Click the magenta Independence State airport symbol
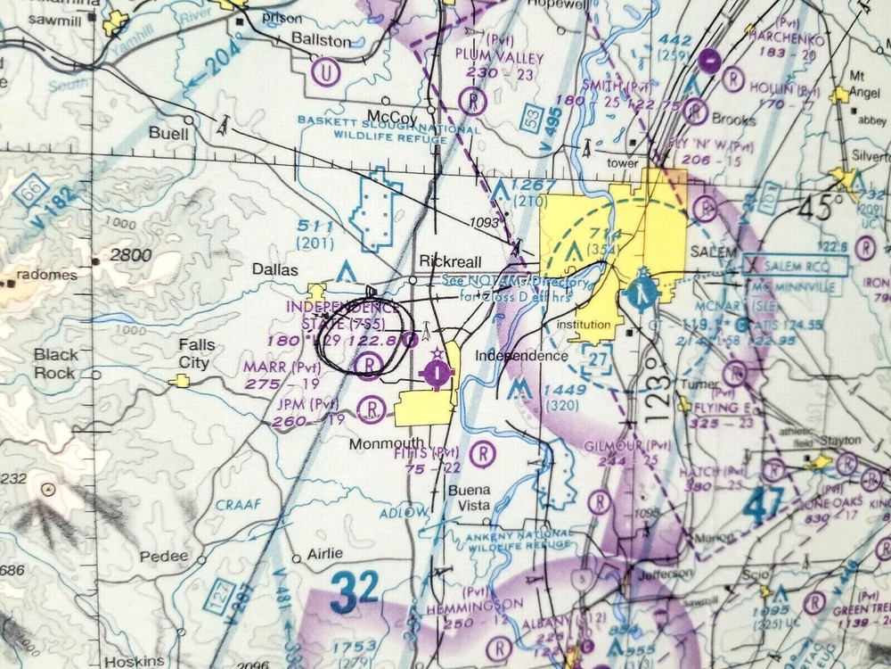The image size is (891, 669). click(x=436, y=375)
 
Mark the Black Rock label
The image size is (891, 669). click(x=56, y=362)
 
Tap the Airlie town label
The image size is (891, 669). click(x=324, y=553)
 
